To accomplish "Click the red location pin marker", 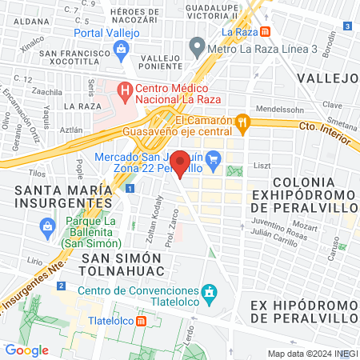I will [x=181, y=162].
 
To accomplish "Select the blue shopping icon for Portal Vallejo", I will [x=121, y=50].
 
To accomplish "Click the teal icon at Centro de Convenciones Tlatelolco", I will [x=210, y=292].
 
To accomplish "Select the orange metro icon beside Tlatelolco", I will [x=142, y=321].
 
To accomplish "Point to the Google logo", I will [x=26, y=350].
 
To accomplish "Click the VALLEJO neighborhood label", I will [x=326, y=78].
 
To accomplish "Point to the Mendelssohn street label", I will [x=278, y=107].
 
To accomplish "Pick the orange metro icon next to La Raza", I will [x=275, y=33].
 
